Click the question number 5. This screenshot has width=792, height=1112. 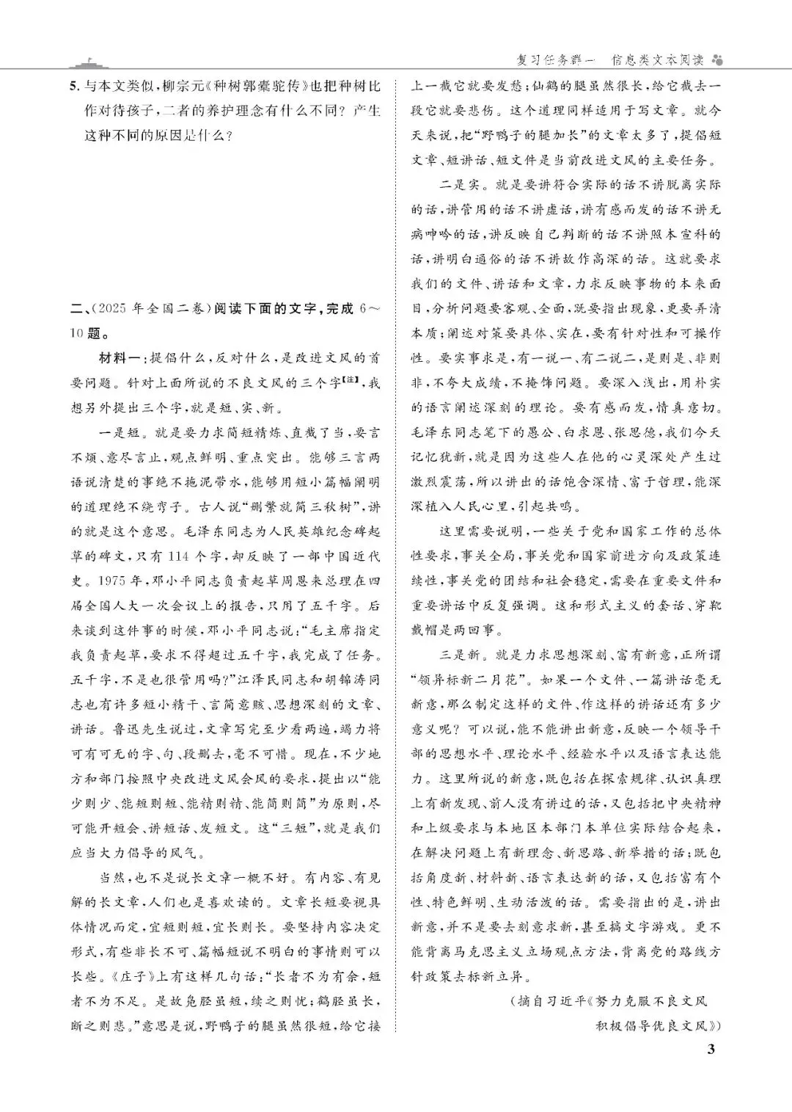[72, 86]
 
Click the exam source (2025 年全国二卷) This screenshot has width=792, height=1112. [153, 309]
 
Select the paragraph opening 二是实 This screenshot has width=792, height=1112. [455, 185]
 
